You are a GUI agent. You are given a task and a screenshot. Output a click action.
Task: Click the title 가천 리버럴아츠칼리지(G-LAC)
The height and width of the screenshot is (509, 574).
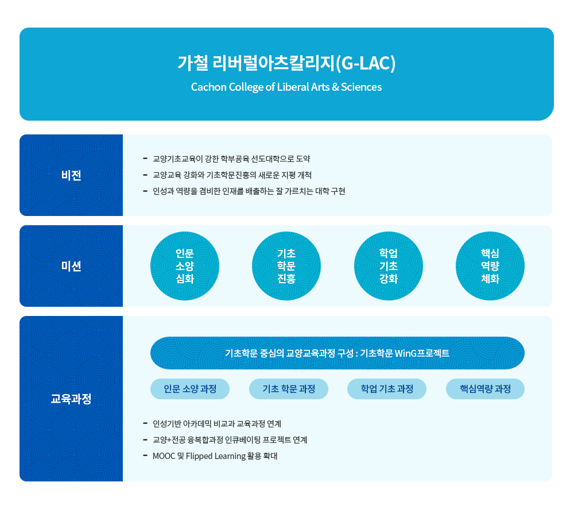pyautogui.click(x=286, y=63)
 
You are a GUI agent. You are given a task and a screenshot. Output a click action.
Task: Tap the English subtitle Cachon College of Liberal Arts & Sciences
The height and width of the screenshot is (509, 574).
pyautogui.click(x=286, y=87)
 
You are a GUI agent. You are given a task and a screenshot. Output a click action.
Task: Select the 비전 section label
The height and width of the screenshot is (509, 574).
pyautogui.click(x=71, y=175)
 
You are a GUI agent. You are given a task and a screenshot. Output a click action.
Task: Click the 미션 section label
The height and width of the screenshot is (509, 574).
pyautogui.click(x=71, y=266)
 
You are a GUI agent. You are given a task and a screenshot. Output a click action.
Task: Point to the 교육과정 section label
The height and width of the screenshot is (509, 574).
pyautogui.click(x=71, y=399)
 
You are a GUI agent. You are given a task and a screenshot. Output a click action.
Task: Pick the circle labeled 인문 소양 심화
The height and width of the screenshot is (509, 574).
pyautogui.click(x=185, y=266)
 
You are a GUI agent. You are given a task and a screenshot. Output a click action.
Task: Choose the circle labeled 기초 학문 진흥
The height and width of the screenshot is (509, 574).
pyautogui.click(x=286, y=266)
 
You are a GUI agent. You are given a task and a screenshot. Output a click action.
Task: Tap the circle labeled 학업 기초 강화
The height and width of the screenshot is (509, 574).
pyautogui.click(x=389, y=266)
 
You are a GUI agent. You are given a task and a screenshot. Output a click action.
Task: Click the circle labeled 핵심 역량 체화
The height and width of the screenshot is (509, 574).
pyautogui.click(x=490, y=266)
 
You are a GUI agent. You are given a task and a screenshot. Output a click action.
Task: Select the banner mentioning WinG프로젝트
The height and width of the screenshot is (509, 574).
pyautogui.click(x=338, y=353)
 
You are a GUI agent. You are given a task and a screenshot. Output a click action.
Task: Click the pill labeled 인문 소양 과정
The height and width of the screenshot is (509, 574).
pyautogui.click(x=190, y=389)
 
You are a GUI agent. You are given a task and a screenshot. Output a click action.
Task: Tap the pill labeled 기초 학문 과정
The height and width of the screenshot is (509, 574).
pyautogui.click(x=289, y=389)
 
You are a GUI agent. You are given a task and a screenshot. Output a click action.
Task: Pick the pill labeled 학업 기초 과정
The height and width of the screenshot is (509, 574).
pyautogui.click(x=387, y=389)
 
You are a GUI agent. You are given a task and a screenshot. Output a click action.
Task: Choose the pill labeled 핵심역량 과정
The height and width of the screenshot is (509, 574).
pyautogui.click(x=485, y=389)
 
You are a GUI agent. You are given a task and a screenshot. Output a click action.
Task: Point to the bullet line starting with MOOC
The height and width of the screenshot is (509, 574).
pyautogui.click(x=215, y=456)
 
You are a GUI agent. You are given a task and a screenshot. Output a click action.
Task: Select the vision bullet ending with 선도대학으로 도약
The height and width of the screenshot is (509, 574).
pyautogui.click(x=231, y=159)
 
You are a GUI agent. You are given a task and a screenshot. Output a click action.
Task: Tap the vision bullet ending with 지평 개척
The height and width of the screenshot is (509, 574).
pyautogui.click(x=232, y=175)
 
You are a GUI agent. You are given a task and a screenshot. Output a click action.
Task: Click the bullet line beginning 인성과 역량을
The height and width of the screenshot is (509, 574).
pyautogui.click(x=249, y=191)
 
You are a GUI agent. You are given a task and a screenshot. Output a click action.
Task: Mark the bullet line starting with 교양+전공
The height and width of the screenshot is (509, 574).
pyautogui.click(x=230, y=439)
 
